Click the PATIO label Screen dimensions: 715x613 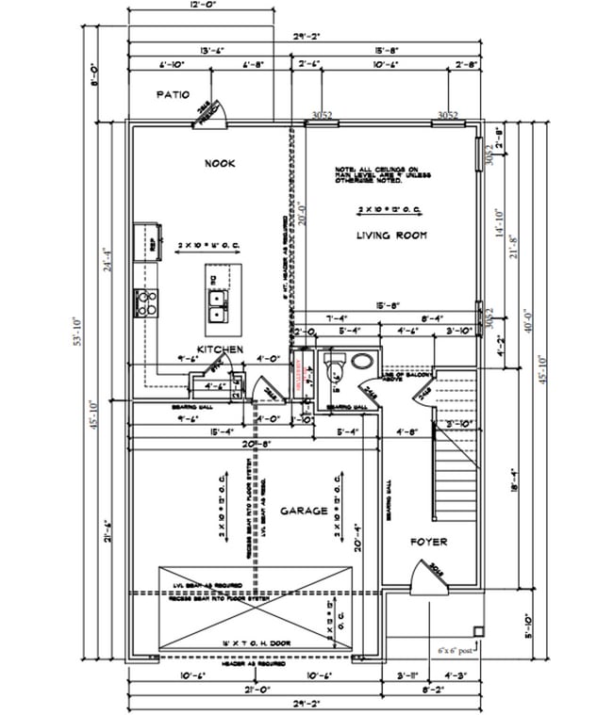point(173,95)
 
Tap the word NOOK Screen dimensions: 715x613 point(219,164)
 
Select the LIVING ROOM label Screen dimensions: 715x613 point(392,235)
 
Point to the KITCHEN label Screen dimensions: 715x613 point(221,349)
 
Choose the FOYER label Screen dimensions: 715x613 point(427,543)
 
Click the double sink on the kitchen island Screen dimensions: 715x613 point(219,303)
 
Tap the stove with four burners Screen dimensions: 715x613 point(148,301)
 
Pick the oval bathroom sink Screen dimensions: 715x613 point(361,361)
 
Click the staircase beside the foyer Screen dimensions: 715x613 point(455,443)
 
